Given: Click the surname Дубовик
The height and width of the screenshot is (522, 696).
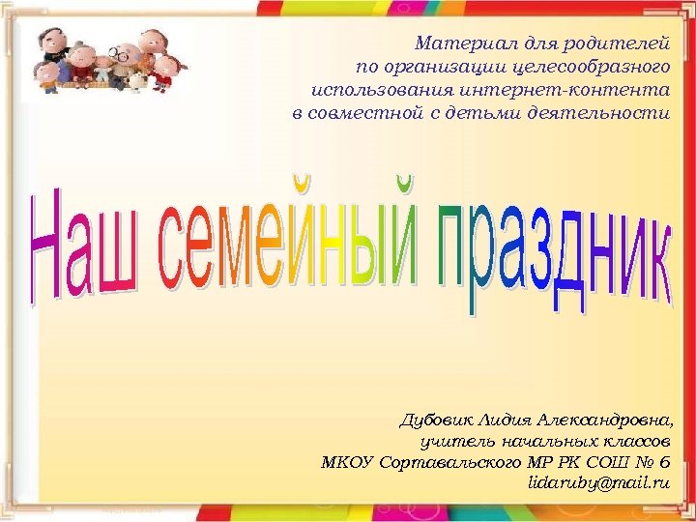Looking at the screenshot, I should coord(434,421).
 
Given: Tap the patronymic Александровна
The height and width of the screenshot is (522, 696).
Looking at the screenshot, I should coord(603,421).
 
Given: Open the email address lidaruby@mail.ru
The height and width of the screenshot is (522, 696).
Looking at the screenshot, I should coord(599,481).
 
